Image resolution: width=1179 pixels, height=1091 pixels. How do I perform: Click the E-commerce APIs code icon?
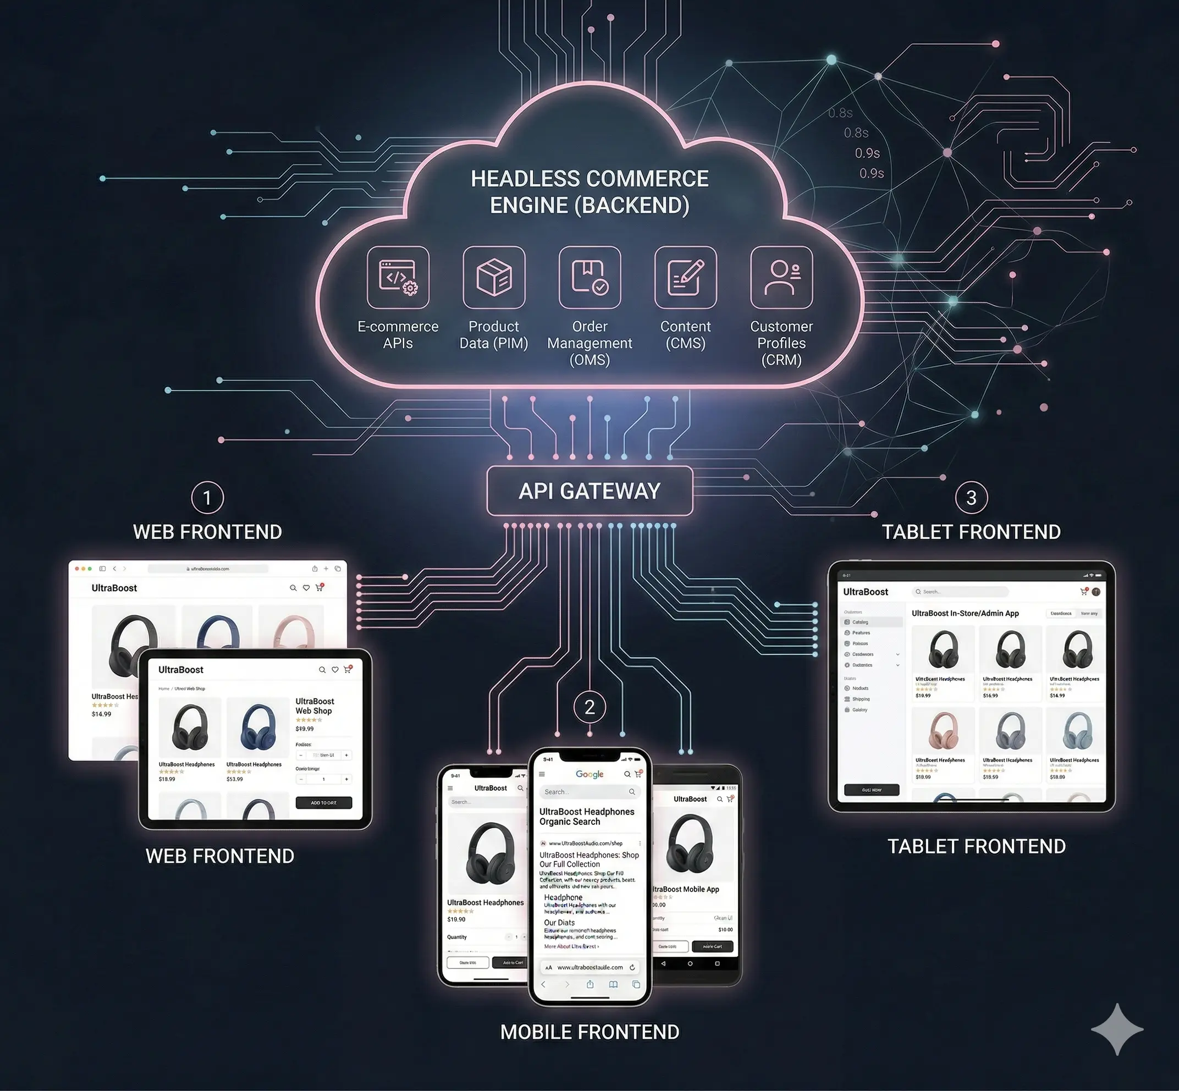(x=398, y=278)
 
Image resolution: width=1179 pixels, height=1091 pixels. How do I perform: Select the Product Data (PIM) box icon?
(x=494, y=278)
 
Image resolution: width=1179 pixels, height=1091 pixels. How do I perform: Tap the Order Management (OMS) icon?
(x=589, y=278)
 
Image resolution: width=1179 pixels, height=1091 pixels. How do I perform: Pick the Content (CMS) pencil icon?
(x=685, y=278)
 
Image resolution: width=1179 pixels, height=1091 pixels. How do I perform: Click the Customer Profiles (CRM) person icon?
(x=781, y=278)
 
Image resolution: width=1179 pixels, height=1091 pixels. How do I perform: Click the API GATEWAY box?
(x=589, y=491)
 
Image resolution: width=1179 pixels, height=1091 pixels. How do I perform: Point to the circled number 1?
(x=207, y=498)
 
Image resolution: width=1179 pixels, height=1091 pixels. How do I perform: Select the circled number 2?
(x=589, y=707)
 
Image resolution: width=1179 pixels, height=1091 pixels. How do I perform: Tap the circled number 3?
(x=971, y=498)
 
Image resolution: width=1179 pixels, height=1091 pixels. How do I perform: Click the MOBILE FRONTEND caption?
(x=589, y=1032)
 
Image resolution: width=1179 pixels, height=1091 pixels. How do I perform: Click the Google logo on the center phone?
(x=589, y=774)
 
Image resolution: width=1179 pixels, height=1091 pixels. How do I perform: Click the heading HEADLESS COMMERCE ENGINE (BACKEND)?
(x=589, y=192)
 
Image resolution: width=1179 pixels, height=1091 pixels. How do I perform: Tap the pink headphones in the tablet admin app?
(x=944, y=730)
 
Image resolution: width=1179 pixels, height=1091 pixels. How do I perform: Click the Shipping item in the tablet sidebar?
(x=860, y=699)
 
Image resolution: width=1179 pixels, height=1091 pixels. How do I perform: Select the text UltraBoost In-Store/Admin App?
(x=965, y=613)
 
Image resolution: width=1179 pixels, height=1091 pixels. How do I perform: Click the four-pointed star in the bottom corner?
(x=1116, y=1029)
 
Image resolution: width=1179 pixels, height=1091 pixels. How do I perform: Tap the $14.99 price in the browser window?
(x=102, y=714)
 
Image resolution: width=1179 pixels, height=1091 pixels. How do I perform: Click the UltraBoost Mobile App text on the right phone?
(x=686, y=889)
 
